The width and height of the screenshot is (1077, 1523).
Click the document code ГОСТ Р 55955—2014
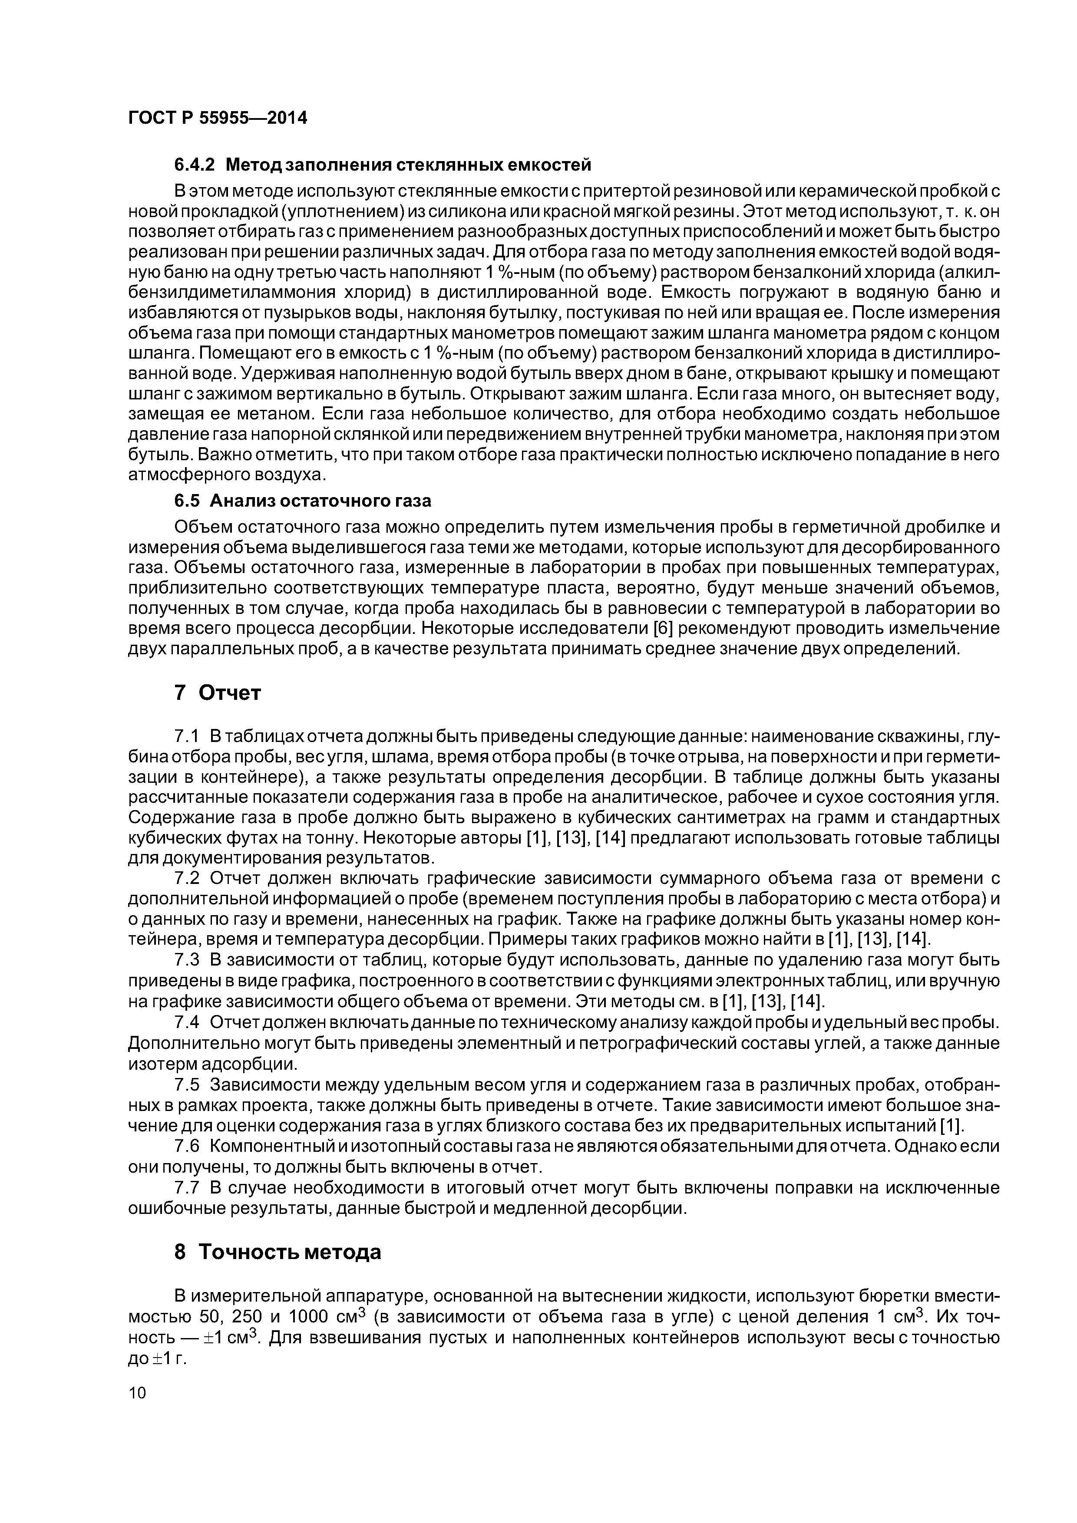pos(217,118)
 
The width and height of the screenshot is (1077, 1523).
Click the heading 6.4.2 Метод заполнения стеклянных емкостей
pos(382,164)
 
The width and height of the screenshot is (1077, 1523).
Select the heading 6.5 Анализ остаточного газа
pos(302,500)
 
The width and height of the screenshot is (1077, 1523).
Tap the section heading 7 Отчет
pos(217,692)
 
